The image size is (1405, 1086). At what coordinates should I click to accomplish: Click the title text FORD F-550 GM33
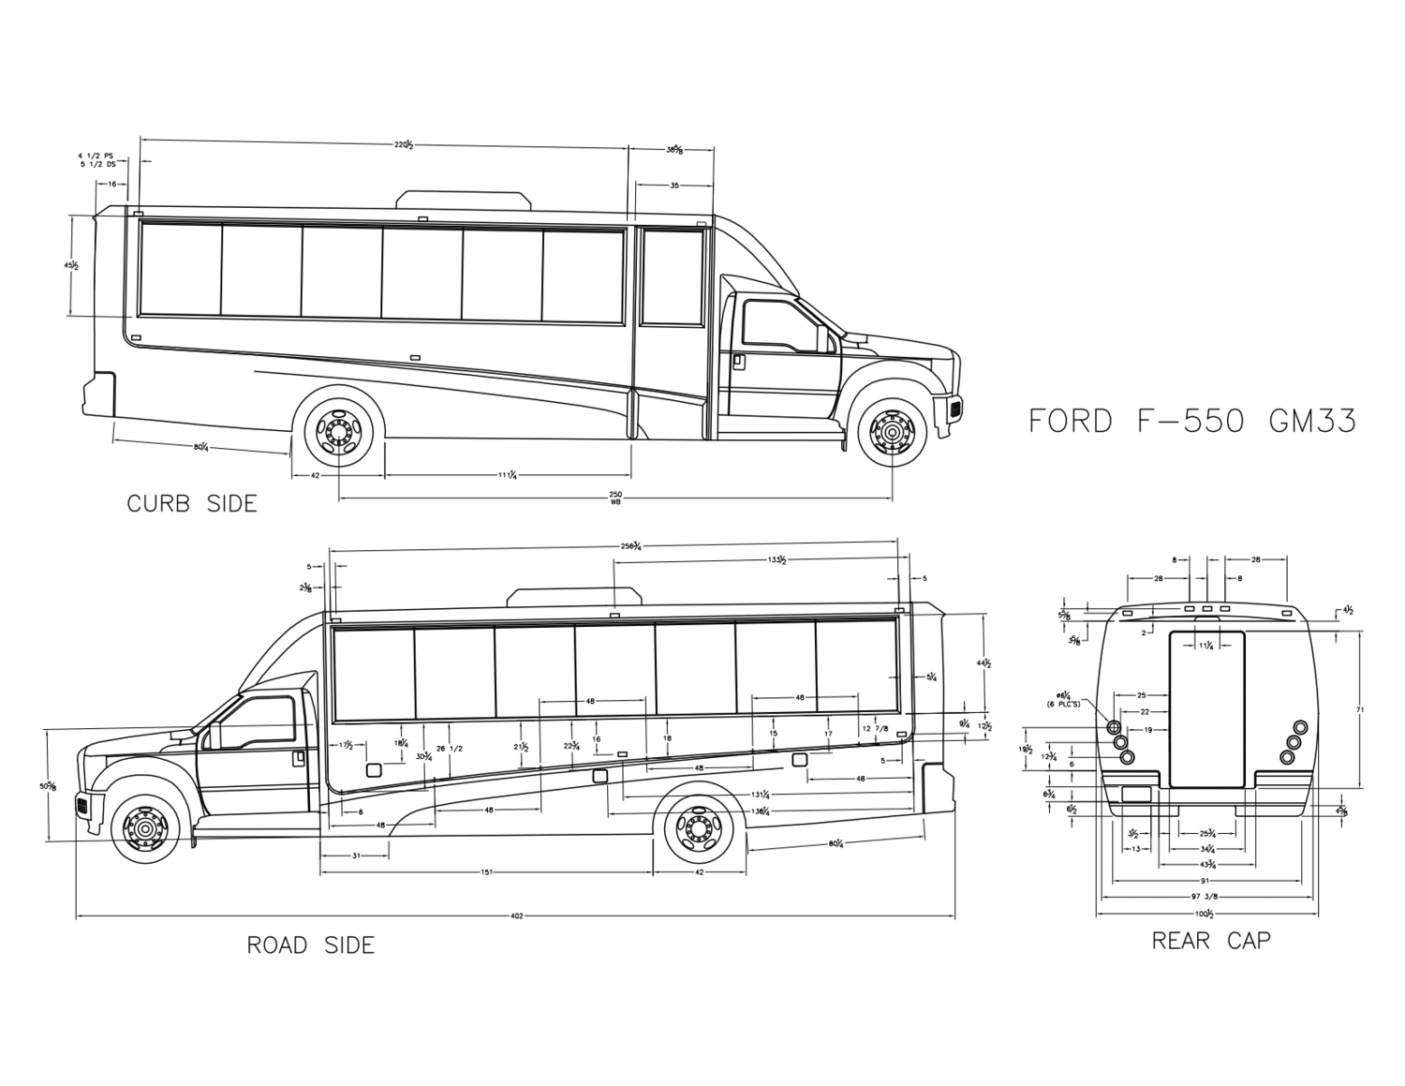pyautogui.click(x=1191, y=422)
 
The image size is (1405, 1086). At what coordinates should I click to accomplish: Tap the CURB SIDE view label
pyautogui.click(x=192, y=504)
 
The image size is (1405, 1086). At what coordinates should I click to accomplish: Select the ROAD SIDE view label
pyautogui.click(x=310, y=945)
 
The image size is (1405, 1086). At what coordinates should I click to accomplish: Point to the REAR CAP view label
pyautogui.click(x=1211, y=941)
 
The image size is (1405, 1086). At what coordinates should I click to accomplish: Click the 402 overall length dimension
pyautogui.click(x=516, y=915)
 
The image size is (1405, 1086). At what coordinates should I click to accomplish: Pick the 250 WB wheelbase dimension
pyautogui.click(x=615, y=497)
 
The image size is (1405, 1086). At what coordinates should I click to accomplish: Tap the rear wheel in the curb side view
pyautogui.click(x=338, y=430)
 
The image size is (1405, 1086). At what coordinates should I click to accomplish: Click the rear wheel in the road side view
pyautogui.click(x=700, y=828)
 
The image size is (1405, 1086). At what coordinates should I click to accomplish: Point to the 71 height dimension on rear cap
pyautogui.click(x=1360, y=710)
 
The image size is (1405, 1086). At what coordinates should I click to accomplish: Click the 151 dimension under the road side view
pyautogui.click(x=487, y=872)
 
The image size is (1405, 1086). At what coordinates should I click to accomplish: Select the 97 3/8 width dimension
pyautogui.click(x=1205, y=897)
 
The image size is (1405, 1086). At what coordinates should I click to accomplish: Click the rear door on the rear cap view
pyautogui.click(x=1206, y=709)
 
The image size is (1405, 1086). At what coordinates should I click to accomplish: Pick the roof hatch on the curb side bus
pyautogui.click(x=464, y=199)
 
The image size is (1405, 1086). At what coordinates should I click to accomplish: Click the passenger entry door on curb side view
pyautogui.click(x=671, y=328)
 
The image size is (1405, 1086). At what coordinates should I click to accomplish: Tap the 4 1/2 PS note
pyautogui.click(x=96, y=156)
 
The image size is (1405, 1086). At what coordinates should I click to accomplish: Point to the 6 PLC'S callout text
pyautogui.click(x=1063, y=703)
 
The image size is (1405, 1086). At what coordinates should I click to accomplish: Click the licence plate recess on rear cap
pyautogui.click(x=1135, y=795)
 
